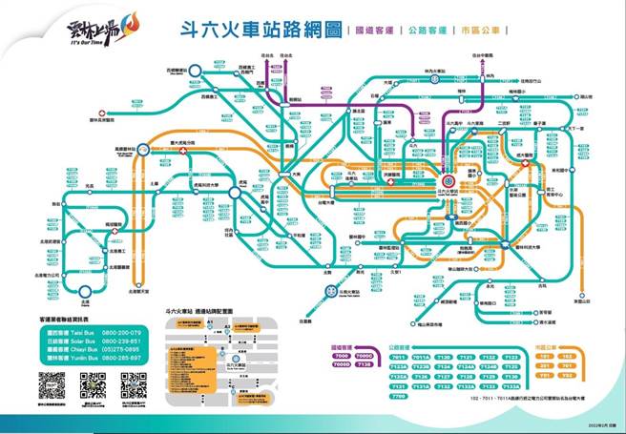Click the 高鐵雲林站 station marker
(x=142, y=149)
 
